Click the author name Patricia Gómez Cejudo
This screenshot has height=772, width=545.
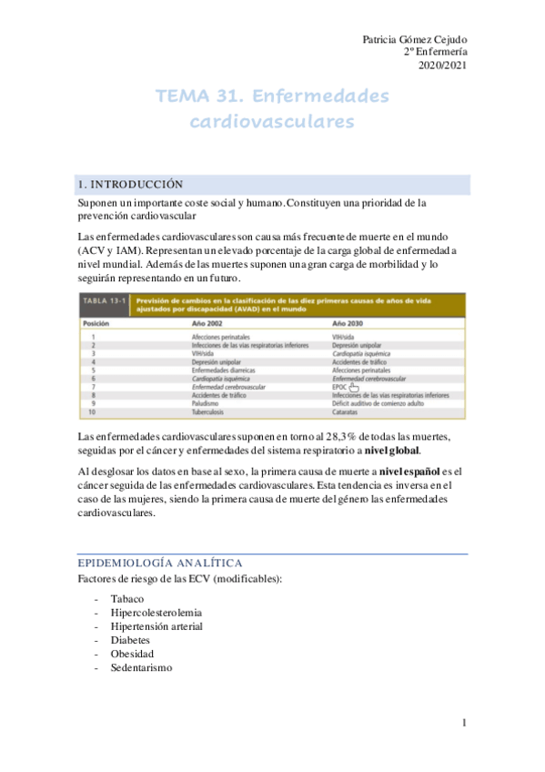pos(415,39)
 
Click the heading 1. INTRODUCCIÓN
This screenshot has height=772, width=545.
pos(131,184)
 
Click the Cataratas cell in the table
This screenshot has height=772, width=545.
pos(348,411)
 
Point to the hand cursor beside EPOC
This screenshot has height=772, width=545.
pos(355,388)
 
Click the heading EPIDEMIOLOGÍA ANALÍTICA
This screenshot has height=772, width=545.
pos(160,564)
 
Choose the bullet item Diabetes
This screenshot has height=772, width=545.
pos(130,640)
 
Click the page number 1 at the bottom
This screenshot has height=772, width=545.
pos(464,723)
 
